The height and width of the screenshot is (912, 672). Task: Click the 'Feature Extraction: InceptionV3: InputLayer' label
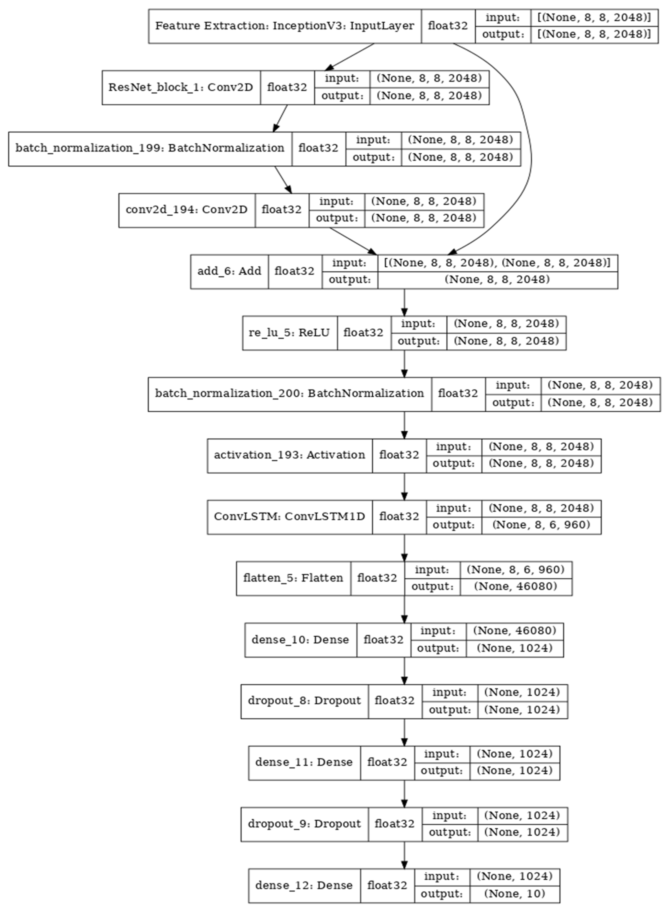(x=284, y=26)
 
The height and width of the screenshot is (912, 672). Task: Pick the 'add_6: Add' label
(x=229, y=271)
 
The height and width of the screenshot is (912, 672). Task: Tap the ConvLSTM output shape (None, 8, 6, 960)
(x=541, y=525)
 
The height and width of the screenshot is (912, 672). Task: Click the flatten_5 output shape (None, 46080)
(x=516, y=587)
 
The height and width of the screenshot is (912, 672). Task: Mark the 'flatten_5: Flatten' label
(x=293, y=578)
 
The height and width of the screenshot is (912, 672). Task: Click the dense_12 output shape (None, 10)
(x=515, y=894)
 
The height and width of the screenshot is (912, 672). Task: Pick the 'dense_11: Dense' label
(x=304, y=762)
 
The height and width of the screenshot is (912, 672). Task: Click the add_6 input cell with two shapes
(x=497, y=263)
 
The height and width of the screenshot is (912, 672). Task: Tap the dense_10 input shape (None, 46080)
(x=515, y=631)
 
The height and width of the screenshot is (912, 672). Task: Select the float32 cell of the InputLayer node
(x=448, y=26)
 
